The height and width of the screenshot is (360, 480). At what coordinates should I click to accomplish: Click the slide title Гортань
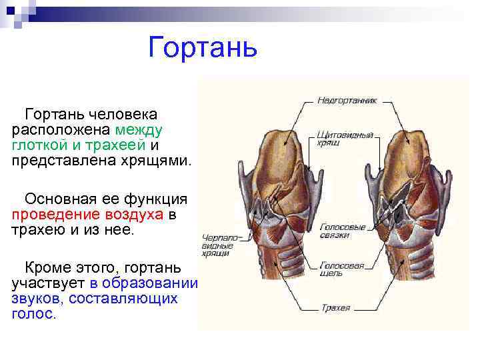(x=203, y=47)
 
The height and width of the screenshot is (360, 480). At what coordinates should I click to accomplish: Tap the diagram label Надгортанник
(x=347, y=101)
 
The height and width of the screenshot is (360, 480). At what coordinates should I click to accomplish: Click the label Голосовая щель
(x=342, y=269)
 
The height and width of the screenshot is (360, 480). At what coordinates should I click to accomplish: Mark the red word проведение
(x=55, y=215)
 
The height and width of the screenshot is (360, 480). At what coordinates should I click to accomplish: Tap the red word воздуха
(x=133, y=215)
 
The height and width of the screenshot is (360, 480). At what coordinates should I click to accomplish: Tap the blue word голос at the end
(x=32, y=314)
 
